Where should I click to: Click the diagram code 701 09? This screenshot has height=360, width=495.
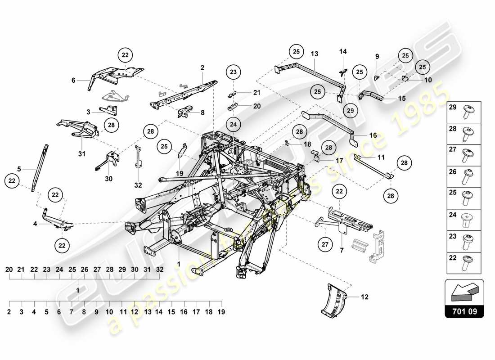click(x=464, y=310)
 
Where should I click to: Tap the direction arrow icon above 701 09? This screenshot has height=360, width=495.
click(x=464, y=292)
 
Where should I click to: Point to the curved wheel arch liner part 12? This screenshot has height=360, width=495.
click(x=335, y=299)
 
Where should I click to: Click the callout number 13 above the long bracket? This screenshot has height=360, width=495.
click(x=314, y=54)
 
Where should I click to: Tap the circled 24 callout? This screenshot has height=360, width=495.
click(x=233, y=123)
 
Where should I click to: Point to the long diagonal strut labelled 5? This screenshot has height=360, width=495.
click(x=40, y=166)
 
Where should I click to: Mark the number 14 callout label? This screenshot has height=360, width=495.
click(x=343, y=52)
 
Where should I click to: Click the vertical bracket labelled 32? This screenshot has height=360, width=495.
click(x=137, y=157)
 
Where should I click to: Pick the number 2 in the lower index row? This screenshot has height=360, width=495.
click(x=9, y=311)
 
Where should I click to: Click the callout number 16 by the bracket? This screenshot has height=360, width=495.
click(x=373, y=135)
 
